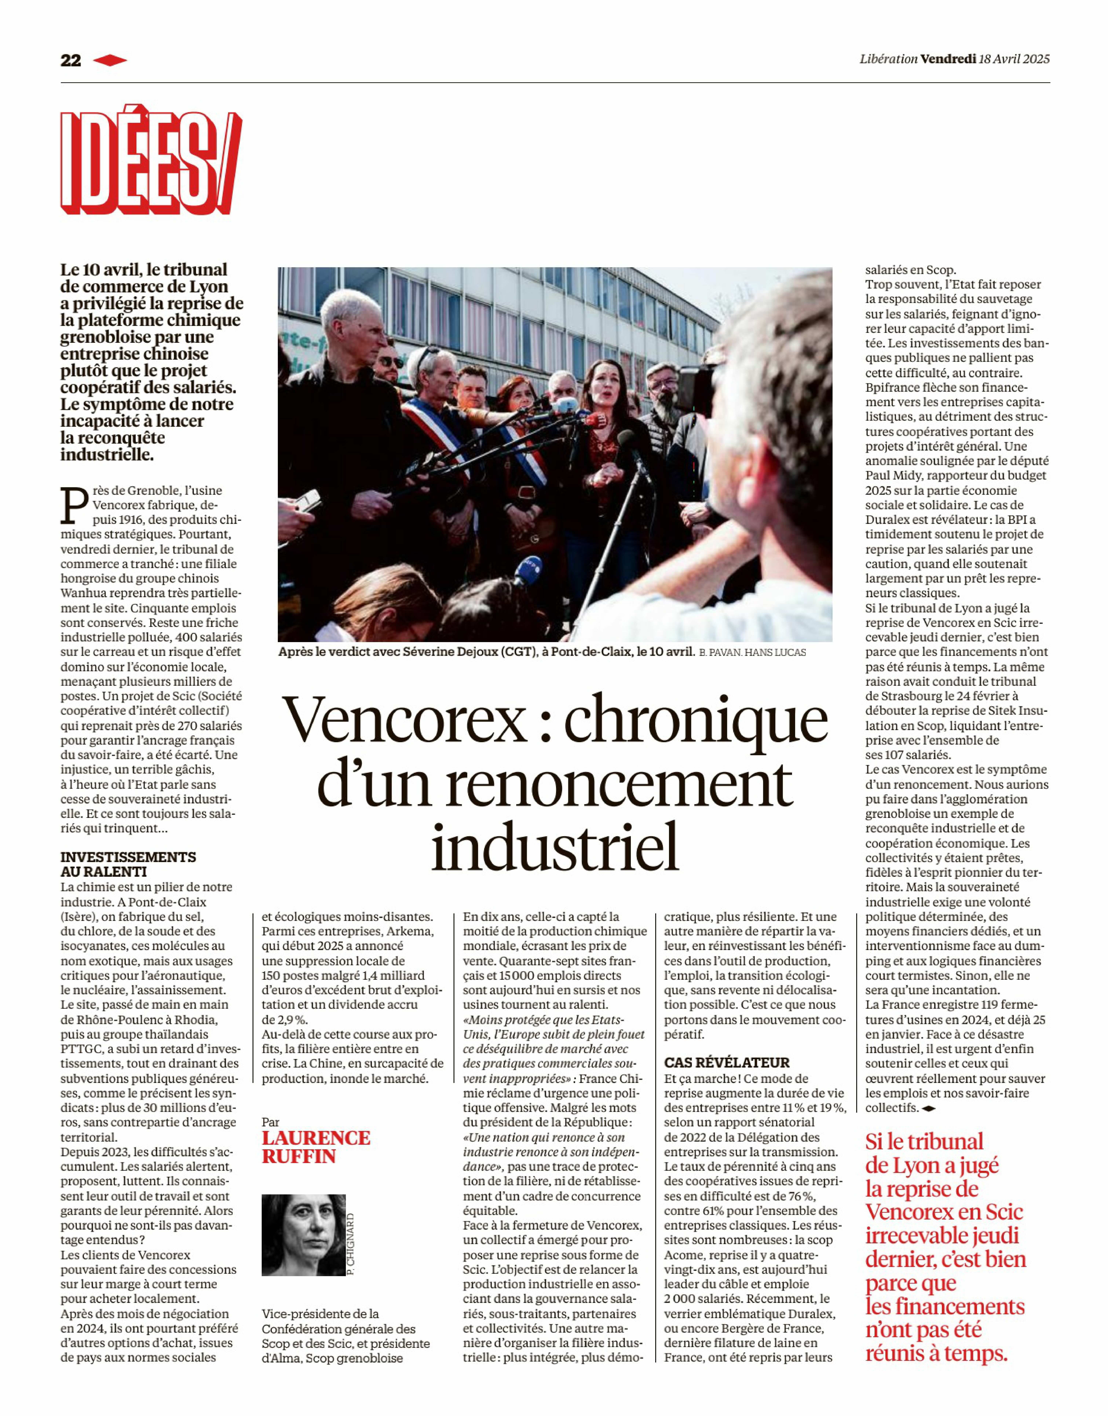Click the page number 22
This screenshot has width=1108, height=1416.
click(71, 60)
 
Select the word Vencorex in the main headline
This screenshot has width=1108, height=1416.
click(404, 720)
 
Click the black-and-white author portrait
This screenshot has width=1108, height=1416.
click(303, 1235)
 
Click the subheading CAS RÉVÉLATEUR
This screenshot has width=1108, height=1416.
click(727, 1062)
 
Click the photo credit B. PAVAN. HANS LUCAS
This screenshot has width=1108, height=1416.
click(752, 652)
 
